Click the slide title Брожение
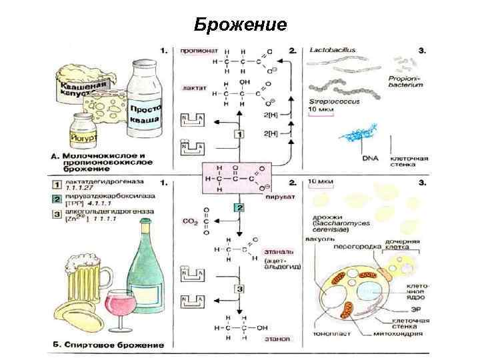241,25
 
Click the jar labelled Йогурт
83,130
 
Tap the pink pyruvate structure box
239,179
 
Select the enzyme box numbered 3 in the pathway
238,289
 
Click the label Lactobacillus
333,50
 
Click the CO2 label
190,219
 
